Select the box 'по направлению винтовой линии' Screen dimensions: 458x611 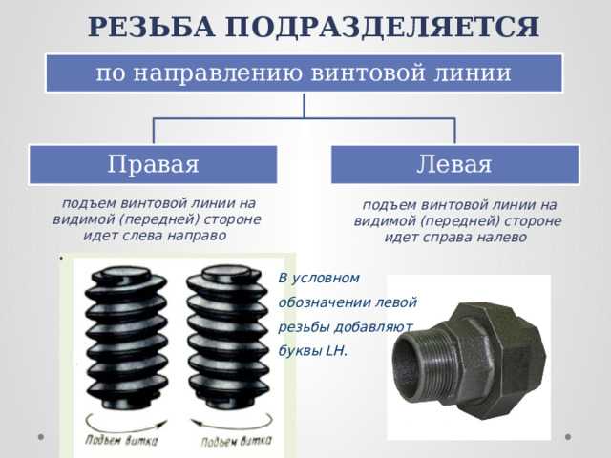click(305, 73)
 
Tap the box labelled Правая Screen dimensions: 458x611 click(153, 164)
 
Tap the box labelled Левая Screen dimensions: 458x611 click(454, 164)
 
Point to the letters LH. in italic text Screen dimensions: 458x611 click(337, 350)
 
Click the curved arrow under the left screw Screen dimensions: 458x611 click(128, 419)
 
